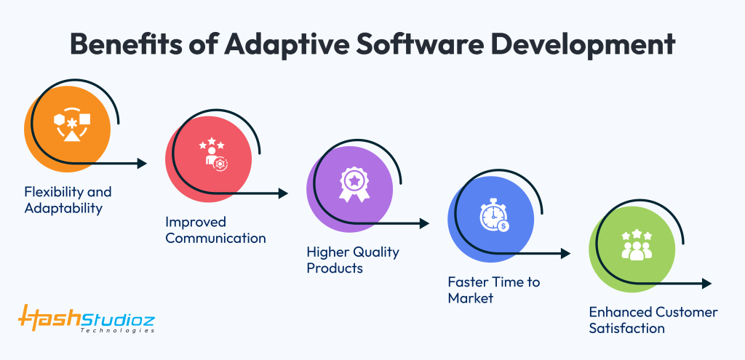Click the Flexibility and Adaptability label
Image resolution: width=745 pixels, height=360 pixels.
(68, 200)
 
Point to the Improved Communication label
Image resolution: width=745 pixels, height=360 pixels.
(215, 229)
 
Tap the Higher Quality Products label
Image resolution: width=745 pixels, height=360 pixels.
(352, 260)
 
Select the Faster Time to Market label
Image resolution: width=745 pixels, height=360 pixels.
(493, 289)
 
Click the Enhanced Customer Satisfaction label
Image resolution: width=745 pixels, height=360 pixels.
(653, 320)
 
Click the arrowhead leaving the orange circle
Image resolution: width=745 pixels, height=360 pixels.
(143, 164)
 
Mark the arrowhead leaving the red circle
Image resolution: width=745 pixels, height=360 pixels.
(284, 193)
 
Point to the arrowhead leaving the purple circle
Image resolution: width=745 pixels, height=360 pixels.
(425, 224)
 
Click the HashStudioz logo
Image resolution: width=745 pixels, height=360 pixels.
(86, 317)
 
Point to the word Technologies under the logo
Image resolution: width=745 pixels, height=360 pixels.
(117, 330)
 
